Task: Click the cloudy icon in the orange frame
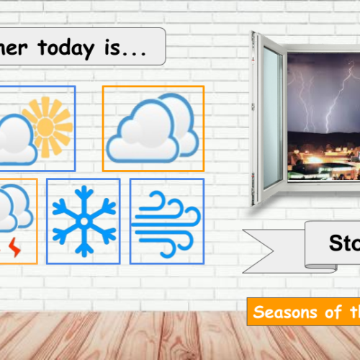(153, 129)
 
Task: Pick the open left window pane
(271, 119)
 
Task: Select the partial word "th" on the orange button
(353, 313)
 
